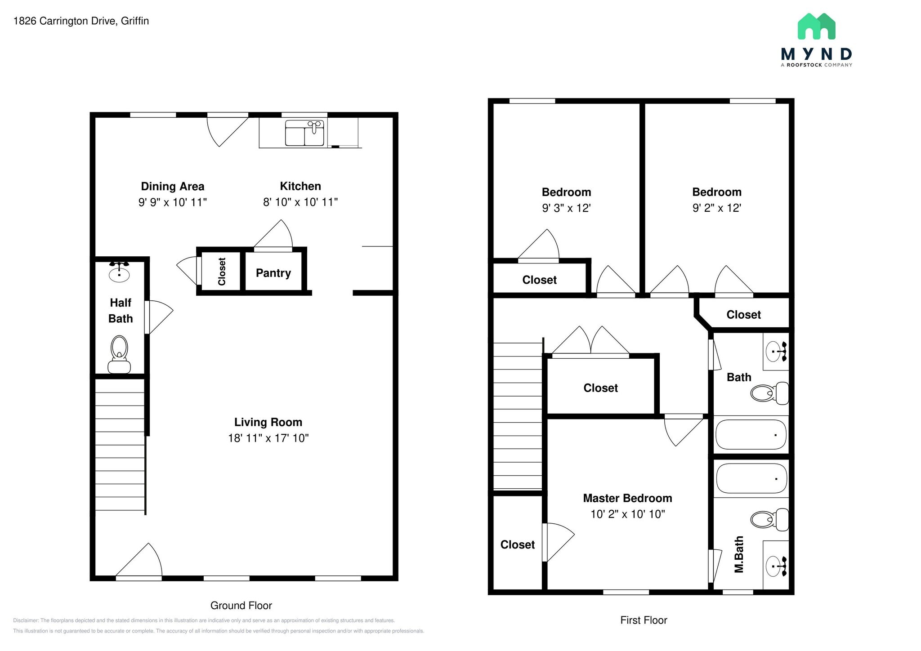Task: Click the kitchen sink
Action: [x=304, y=133]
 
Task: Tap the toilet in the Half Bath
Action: [x=119, y=354]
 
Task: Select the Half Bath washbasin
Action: [x=119, y=274]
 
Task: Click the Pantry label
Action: [x=273, y=273]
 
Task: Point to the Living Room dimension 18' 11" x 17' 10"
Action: [x=268, y=438]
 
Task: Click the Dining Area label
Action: [x=172, y=186]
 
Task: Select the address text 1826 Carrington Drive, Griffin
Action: [x=81, y=21]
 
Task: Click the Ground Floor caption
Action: [x=241, y=606]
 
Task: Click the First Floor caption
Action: [x=644, y=620]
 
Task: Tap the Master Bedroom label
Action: [x=627, y=498]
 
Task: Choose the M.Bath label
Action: [x=739, y=554]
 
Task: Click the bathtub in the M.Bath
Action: [x=751, y=479]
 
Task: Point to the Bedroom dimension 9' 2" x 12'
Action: [x=716, y=208]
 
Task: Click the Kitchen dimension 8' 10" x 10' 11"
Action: [x=300, y=202]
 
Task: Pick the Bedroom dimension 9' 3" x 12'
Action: [x=566, y=208]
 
